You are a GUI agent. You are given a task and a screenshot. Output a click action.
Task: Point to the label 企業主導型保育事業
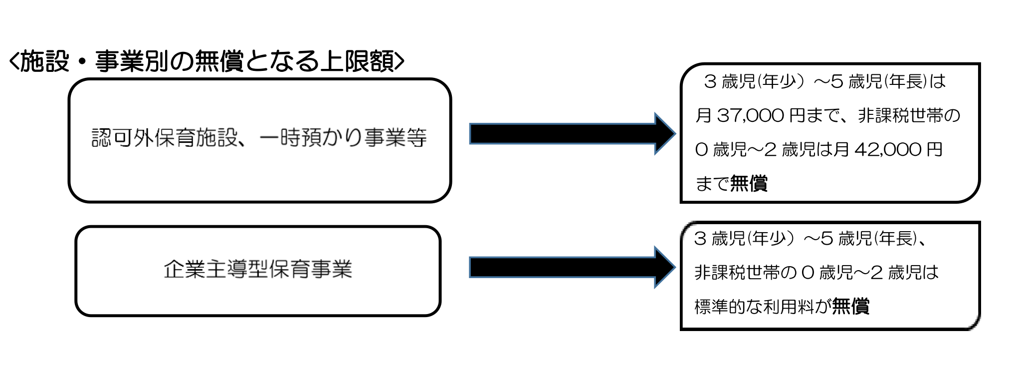pos(258,270)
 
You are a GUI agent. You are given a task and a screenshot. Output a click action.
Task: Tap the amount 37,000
pos(751,116)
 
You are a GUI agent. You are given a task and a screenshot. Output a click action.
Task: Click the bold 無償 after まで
pos(749,184)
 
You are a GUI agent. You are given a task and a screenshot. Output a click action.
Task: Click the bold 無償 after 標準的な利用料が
pos(851,306)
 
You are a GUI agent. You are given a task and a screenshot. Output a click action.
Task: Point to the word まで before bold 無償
pos(712,184)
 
